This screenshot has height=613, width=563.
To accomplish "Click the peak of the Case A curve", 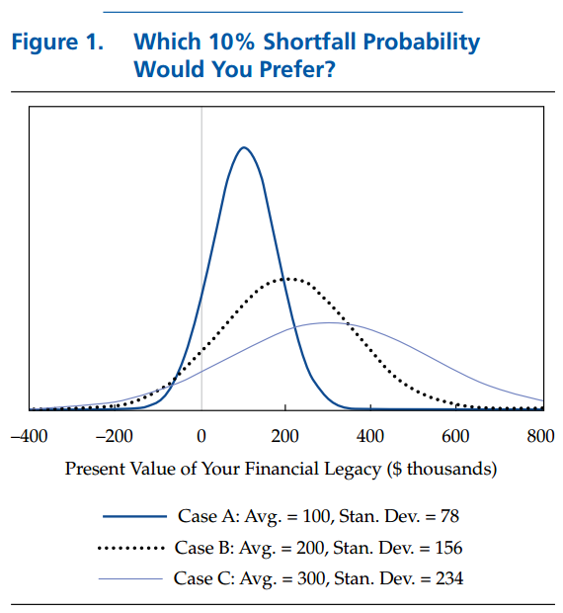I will tap(243, 148).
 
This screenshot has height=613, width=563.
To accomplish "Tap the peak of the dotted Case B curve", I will tap(285, 279).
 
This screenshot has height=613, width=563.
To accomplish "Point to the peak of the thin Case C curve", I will tap(328, 322).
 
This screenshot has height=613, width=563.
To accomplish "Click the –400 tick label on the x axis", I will tap(29, 435).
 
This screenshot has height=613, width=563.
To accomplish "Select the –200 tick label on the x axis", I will tap(115, 435).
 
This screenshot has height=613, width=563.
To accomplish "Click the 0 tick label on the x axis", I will tap(201, 435).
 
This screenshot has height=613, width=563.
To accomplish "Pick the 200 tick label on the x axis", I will tap(286, 435).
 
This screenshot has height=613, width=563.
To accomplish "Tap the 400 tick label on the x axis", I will tap(371, 435).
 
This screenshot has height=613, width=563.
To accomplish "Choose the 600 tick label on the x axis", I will tap(456, 435).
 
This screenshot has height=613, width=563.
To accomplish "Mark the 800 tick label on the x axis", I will tap(541, 435).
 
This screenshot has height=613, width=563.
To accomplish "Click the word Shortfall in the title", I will tap(282, 43).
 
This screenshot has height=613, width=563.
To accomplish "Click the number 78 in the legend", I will tap(449, 516).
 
